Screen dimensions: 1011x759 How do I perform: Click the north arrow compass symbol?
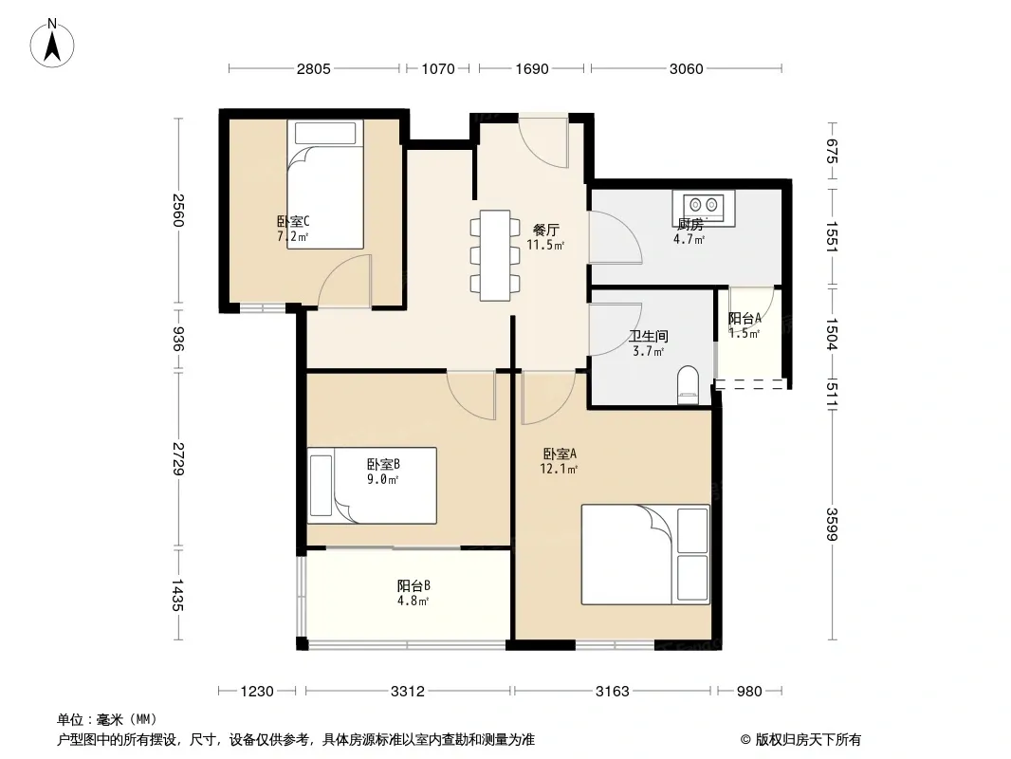[52, 44]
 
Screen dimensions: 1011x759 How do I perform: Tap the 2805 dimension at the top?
[313, 69]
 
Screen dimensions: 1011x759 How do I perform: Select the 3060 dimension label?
[686, 69]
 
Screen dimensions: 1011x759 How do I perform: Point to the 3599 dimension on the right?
[832, 525]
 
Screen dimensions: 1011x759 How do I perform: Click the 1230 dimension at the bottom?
[257, 692]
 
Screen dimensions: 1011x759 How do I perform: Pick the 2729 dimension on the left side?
[178, 458]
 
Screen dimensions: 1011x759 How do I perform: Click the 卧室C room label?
[293, 222]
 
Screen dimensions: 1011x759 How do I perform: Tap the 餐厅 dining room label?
[546, 230]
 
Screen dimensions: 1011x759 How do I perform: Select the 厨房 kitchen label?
[689, 225]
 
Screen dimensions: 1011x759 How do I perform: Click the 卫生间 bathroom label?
[649, 336]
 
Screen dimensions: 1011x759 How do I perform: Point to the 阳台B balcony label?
[414, 585]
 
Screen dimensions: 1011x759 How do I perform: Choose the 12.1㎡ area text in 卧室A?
[559, 469]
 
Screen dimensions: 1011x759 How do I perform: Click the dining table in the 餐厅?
[495, 255]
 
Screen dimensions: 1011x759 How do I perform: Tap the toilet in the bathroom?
[689, 385]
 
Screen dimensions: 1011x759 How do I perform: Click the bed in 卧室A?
[646, 555]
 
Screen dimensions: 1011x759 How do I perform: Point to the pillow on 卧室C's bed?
[325, 133]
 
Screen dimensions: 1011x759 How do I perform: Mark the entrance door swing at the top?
[542, 142]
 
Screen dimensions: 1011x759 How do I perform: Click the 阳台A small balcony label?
[744, 318]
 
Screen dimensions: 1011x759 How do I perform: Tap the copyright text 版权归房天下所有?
[808, 740]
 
